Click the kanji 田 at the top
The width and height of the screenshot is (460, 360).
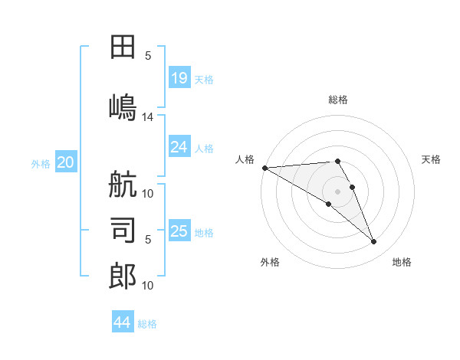[x=123, y=47]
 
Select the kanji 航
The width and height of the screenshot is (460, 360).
[x=123, y=186]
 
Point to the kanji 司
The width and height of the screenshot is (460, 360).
[x=123, y=230]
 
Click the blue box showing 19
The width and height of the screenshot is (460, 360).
[x=179, y=78]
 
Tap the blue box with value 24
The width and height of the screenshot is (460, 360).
[x=179, y=147]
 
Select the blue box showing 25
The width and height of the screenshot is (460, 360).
[x=179, y=231]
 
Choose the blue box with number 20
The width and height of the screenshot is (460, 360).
[x=66, y=162]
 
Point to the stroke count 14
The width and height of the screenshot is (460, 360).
[x=148, y=116]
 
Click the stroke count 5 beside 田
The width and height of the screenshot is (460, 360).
[x=148, y=55]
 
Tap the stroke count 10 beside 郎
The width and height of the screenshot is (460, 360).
[x=148, y=286]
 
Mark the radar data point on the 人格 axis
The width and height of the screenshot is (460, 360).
[x=264, y=168]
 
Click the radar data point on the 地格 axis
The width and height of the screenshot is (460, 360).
[x=373, y=242]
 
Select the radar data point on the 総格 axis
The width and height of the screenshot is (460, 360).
[x=337, y=161]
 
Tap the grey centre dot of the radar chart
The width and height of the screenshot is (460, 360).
[x=337, y=191]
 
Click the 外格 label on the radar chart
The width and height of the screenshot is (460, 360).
[x=270, y=262]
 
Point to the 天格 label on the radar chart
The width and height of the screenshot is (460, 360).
[x=432, y=159]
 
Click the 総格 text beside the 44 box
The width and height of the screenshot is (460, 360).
[x=147, y=324]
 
